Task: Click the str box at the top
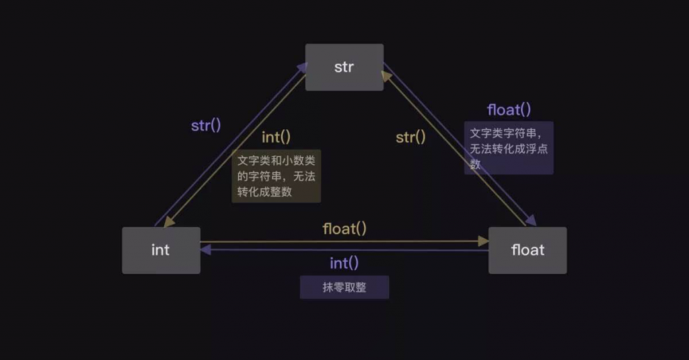[344, 67]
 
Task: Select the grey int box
[161, 250]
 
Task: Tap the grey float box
[528, 250]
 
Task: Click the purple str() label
[206, 126]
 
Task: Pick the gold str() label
[410, 137]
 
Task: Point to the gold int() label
[276, 137]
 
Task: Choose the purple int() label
[344, 263]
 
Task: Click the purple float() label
[509, 110]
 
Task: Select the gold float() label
[344, 229]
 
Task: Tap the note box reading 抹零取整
[344, 287]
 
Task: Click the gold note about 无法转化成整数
[276, 176]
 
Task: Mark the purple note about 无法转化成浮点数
[509, 148]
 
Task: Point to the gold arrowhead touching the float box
[483, 241]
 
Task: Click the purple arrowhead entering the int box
[205, 250]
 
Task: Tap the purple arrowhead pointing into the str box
[302, 67]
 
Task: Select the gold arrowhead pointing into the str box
[386, 76]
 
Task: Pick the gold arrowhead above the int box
[169, 221]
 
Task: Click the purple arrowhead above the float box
[531, 220]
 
